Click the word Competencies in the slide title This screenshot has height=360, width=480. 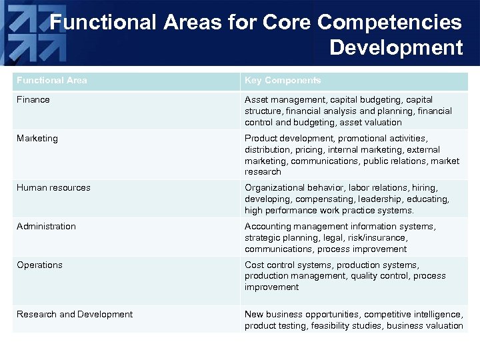(389, 23)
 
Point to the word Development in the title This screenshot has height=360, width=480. (396, 48)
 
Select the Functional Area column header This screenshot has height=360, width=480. (52, 81)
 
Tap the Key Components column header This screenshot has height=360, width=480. (283, 81)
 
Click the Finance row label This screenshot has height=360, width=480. (33, 100)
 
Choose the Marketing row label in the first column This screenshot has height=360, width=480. (37, 139)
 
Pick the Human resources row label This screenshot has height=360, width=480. (53, 188)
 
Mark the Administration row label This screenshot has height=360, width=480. (47, 227)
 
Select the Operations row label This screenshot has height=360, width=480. (39, 265)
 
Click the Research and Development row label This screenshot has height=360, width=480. (75, 315)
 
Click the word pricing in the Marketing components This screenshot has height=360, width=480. (312, 150)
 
